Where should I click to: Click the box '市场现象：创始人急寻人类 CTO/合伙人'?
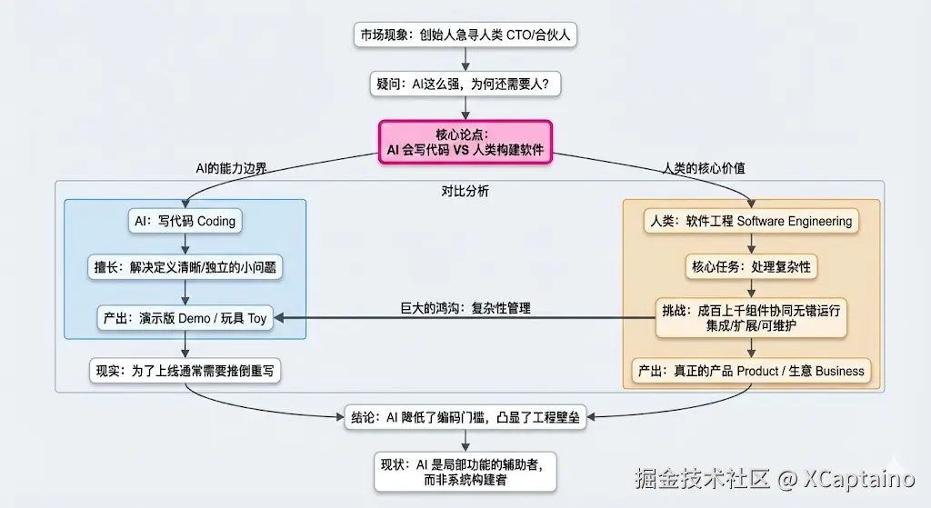[x=465, y=35]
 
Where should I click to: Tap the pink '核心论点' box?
[x=465, y=143]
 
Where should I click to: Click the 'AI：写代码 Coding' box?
[x=185, y=221]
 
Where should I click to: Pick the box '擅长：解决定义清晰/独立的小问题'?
[x=185, y=268]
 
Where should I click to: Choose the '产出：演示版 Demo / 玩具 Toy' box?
[x=185, y=318]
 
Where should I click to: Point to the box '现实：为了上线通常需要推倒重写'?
[x=185, y=371]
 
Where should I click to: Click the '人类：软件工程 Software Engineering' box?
[x=751, y=221]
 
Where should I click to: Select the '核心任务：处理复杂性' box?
[x=751, y=267]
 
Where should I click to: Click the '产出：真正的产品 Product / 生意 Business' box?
[x=751, y=371]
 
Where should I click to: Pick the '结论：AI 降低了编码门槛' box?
[x=465, y=418]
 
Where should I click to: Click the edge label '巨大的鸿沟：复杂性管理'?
[x=465, y=308]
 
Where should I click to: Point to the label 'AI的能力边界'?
[x=232, y=168]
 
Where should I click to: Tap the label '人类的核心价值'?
[x=698, y=168]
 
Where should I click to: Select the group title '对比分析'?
[x=465, y=192]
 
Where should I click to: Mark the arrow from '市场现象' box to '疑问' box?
[x=465, y=59]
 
